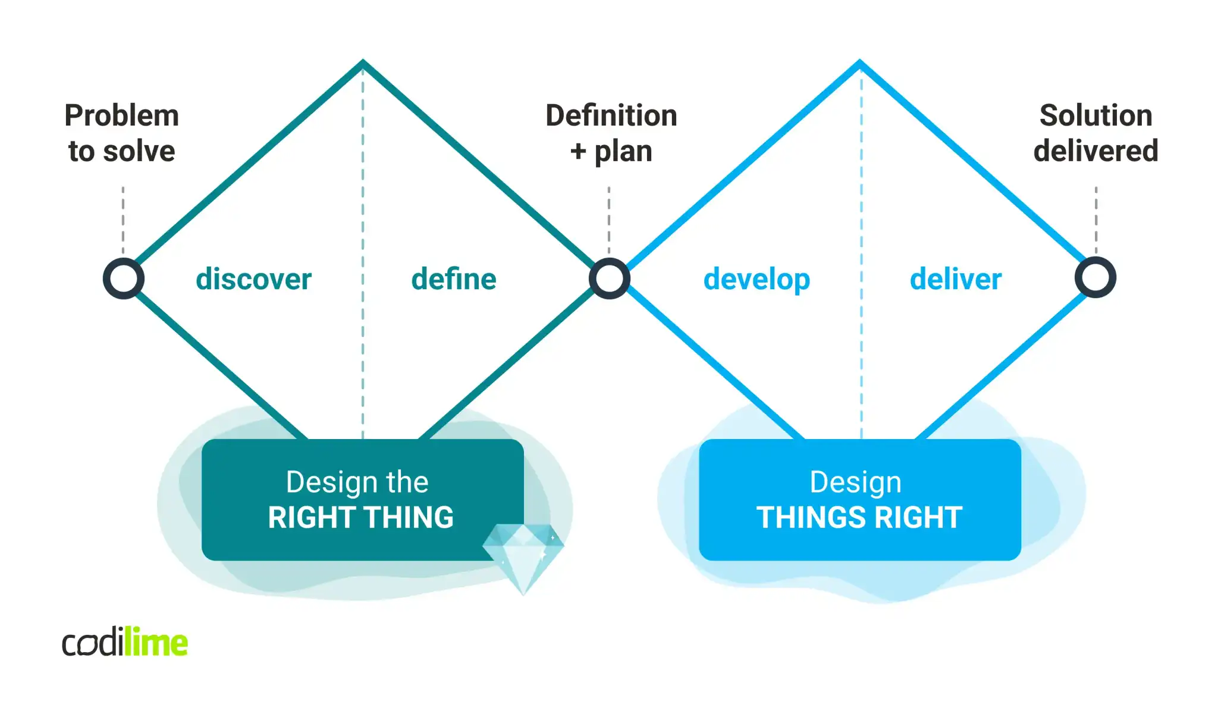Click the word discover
253,279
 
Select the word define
454,279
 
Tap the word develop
756,280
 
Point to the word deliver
956,279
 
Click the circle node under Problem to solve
124,278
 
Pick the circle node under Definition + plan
610,278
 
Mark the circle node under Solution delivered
1095,277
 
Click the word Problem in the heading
121,115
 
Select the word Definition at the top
611,115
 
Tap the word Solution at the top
1095,115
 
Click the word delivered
1095,151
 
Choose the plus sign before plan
578,152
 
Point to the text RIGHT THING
360,518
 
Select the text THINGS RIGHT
859,518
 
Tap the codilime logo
125,643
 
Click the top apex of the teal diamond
363,62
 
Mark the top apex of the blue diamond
860,62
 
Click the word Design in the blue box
855,483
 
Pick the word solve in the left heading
139,151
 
